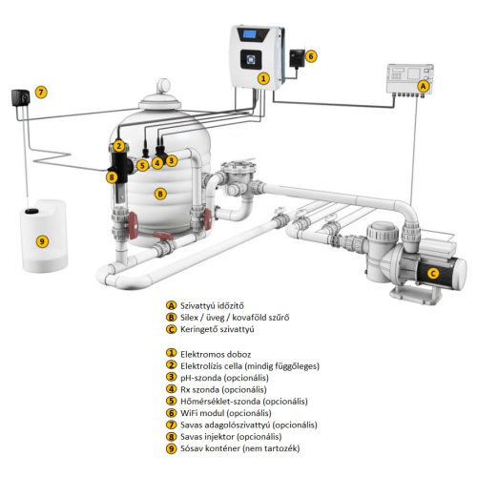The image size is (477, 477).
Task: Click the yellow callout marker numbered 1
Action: tap(263, 78)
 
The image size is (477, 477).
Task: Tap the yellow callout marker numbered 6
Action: tap(311, 56)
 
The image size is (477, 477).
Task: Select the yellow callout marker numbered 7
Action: tap(41, 93)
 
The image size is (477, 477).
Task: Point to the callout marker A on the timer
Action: tap(423, 86)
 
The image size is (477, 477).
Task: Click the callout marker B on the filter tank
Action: tap(160, 194)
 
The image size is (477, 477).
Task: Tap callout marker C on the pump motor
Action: tap(433, 273)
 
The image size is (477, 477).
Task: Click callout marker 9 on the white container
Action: tap(42, 241)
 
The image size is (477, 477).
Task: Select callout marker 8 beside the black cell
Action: tap(112, 176)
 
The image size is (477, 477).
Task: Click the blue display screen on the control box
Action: tap(249, 34)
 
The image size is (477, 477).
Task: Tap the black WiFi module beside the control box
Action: tap(297, 58)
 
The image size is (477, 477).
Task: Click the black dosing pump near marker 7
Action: tap(21, 97)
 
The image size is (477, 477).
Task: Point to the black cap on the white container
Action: tap(31, 211)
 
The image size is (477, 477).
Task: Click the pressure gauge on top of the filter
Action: tap(164, 86)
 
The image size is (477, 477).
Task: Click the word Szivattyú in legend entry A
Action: tap(197, 306)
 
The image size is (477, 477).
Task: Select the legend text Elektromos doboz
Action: tap(216, 354)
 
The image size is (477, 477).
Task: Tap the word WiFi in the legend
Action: tap(189, 413)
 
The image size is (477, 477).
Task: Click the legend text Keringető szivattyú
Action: tap(218, 329)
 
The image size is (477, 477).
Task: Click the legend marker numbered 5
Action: tap(171, 401)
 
